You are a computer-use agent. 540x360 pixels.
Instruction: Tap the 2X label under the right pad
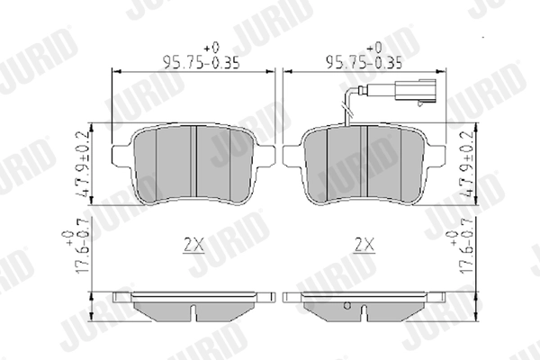[x=364, y=243]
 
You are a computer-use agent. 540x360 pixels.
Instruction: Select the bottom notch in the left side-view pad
[x=196, y=315]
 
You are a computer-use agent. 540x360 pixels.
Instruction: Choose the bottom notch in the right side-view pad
[x=364, y=315]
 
